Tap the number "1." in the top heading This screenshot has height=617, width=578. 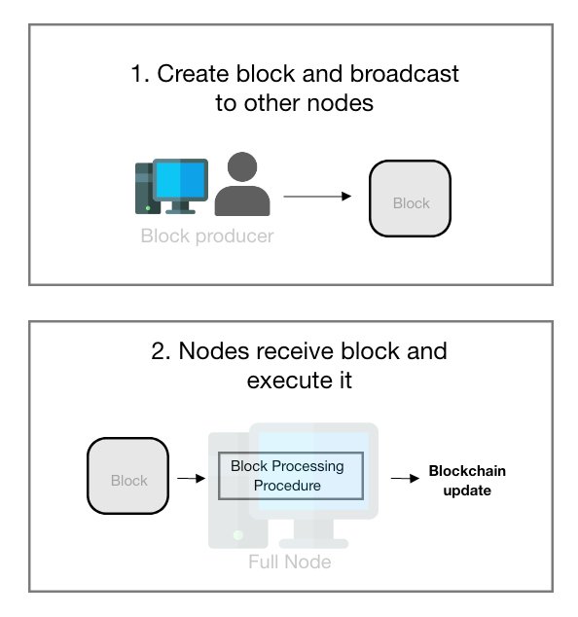[x=140, y=74]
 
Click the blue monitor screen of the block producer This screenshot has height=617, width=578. [x=180, y=179]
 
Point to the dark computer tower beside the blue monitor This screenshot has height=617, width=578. [x=144, y=188]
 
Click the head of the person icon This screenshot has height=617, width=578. [x=241, y=167]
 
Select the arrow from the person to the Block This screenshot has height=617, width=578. [x=317, y=197]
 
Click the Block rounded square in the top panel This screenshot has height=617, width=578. [x=410, y=201]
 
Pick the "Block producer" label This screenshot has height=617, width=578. [x=207, y=236]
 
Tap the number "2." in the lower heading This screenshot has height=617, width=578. [x=161, y=351]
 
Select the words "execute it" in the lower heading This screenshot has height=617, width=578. [x=299, y=381]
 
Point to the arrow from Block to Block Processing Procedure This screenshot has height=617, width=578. [x=191, y=478]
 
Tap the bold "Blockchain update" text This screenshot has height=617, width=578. [x=467, y=481]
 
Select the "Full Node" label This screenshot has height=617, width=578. [x=289, y=562]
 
